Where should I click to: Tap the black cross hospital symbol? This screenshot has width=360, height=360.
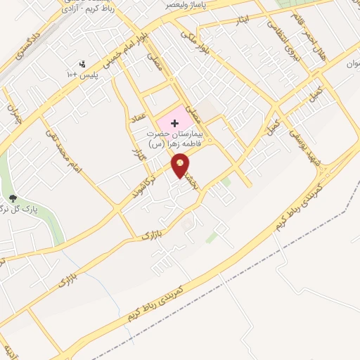pyautogui.click(x=174, y=123)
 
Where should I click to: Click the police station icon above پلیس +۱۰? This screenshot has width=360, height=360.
pyautogui.click(x=84, y=64)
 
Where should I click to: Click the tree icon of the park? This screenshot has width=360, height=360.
pyautogui.click(x=13, y=199)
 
